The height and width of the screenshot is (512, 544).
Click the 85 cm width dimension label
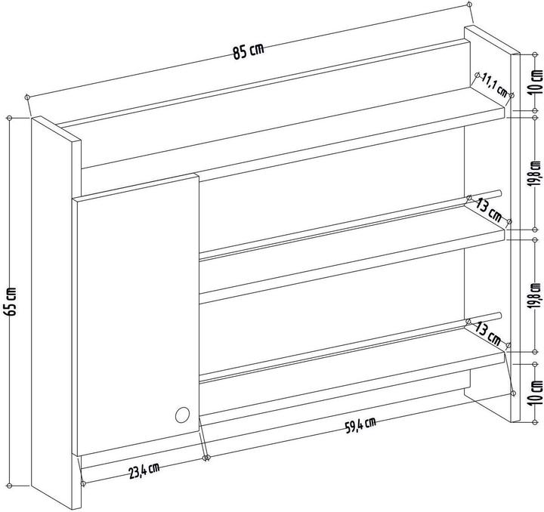coord(249,51)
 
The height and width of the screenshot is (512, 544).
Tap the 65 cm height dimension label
coord(11,301)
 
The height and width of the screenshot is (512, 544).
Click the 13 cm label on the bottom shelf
coord(488,334)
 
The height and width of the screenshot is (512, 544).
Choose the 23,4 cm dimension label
coord(144,470)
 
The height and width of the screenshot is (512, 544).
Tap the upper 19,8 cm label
coord(536,174)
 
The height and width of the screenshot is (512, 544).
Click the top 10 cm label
coord(537,82)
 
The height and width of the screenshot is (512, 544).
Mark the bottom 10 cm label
coord(537,393)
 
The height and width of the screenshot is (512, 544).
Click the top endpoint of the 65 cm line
coord(9,119)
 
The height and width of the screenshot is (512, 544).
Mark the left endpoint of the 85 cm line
coord(27,97)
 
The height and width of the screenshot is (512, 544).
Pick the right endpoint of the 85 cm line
coord(470,5)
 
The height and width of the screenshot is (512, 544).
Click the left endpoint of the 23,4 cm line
coord(83,483)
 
